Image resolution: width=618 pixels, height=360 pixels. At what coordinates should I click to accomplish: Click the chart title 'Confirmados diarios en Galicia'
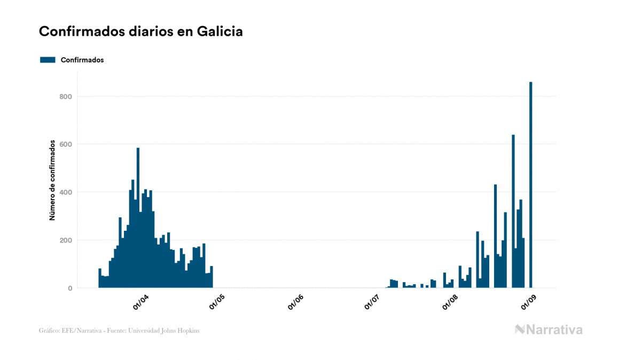(141, 32)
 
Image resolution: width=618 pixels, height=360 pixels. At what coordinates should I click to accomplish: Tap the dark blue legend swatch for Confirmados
(48, 60)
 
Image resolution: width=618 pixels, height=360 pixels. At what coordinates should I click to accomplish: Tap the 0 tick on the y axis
(69, 288)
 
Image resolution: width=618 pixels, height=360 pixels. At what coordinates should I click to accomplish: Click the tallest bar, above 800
(530, 185)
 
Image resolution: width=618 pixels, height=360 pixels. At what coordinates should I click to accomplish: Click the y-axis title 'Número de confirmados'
(52, 180)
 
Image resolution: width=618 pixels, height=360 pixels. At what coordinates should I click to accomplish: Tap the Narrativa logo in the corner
(549, 330)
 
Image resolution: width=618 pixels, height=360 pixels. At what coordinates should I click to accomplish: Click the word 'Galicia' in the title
(220, 32)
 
